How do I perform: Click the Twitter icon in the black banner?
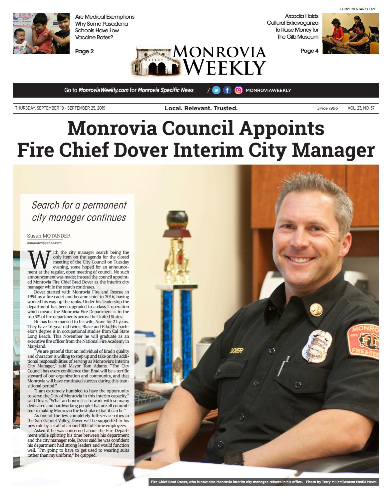click(x=216, y=90)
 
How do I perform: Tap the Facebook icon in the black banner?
click(x=227, y=90)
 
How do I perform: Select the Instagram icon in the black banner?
click(x=238, y=90)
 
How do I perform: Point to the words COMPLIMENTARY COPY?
click(x=357, y=9)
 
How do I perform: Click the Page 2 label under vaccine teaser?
click(x=84, y=51)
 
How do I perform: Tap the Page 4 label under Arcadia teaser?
click(x=309, y=51)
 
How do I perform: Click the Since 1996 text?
click(x=327, y=108)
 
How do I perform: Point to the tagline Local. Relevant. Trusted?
click(x=201, y=108)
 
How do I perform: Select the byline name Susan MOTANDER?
click(x=49, y=236)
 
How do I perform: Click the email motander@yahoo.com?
click(x=44, y=243)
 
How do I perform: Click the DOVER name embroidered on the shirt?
click(x=236, y=350)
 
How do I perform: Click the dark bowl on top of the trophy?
click(x=177, y=220)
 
